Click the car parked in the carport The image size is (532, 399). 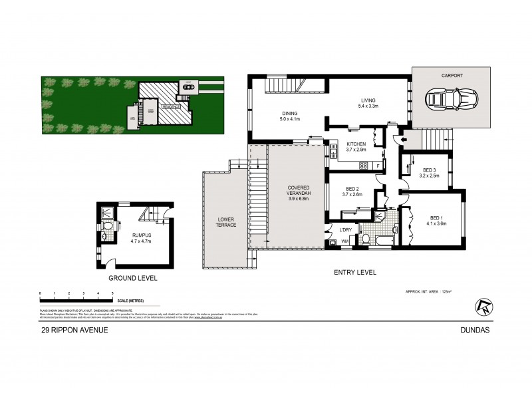point(452,100)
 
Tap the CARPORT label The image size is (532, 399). point(451,76)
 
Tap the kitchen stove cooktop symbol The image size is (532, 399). point(364,165)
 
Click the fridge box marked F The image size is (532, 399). point(377,165)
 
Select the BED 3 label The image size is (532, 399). point(429,170)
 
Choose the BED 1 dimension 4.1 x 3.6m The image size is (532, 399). point(436,224)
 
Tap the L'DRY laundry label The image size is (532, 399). point(345,230)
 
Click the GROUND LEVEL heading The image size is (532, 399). point(134,278)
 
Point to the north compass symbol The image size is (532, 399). point(484,305)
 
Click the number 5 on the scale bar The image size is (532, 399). point(112,293)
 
